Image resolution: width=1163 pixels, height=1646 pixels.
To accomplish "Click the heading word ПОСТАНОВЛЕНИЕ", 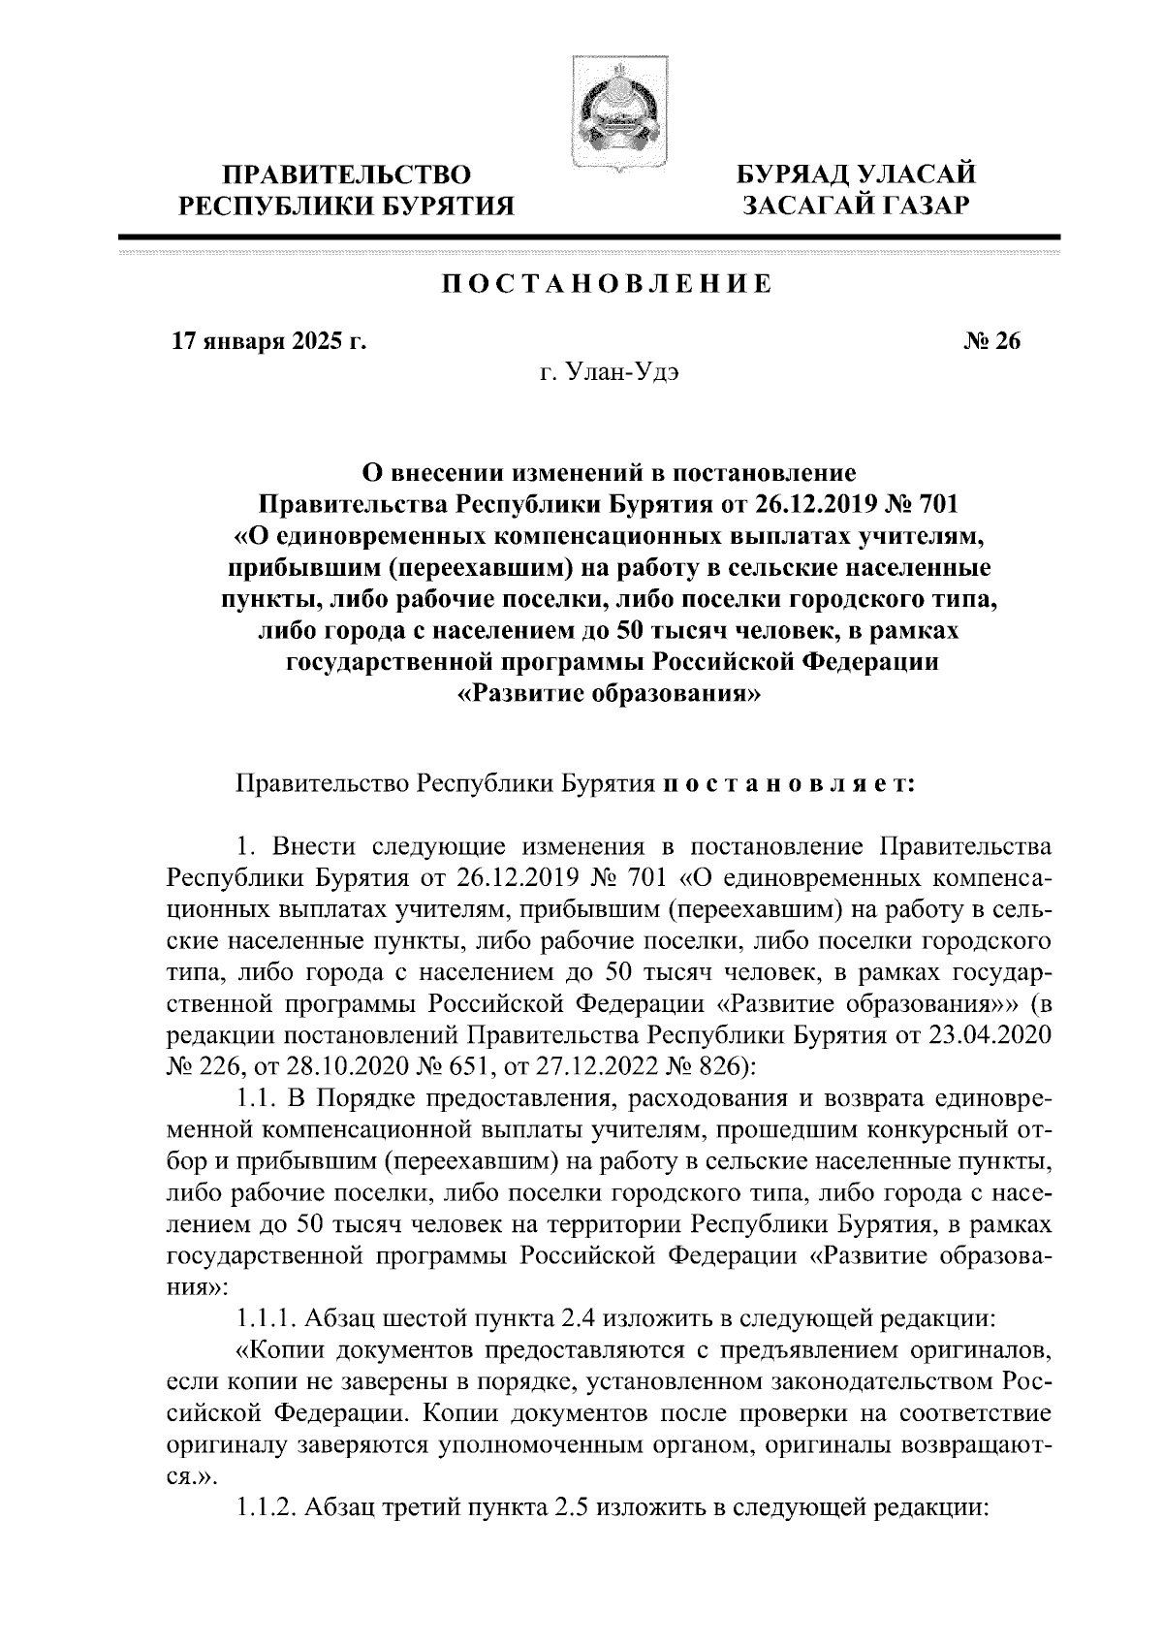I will (608, 284).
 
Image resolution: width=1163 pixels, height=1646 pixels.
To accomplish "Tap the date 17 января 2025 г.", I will (268, 341).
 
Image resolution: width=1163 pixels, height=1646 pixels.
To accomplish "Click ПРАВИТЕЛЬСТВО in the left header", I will (348, 174).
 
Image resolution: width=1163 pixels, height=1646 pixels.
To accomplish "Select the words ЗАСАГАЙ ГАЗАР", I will (855, 206).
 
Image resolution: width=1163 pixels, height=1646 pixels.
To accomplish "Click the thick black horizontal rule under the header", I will (588, 237).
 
